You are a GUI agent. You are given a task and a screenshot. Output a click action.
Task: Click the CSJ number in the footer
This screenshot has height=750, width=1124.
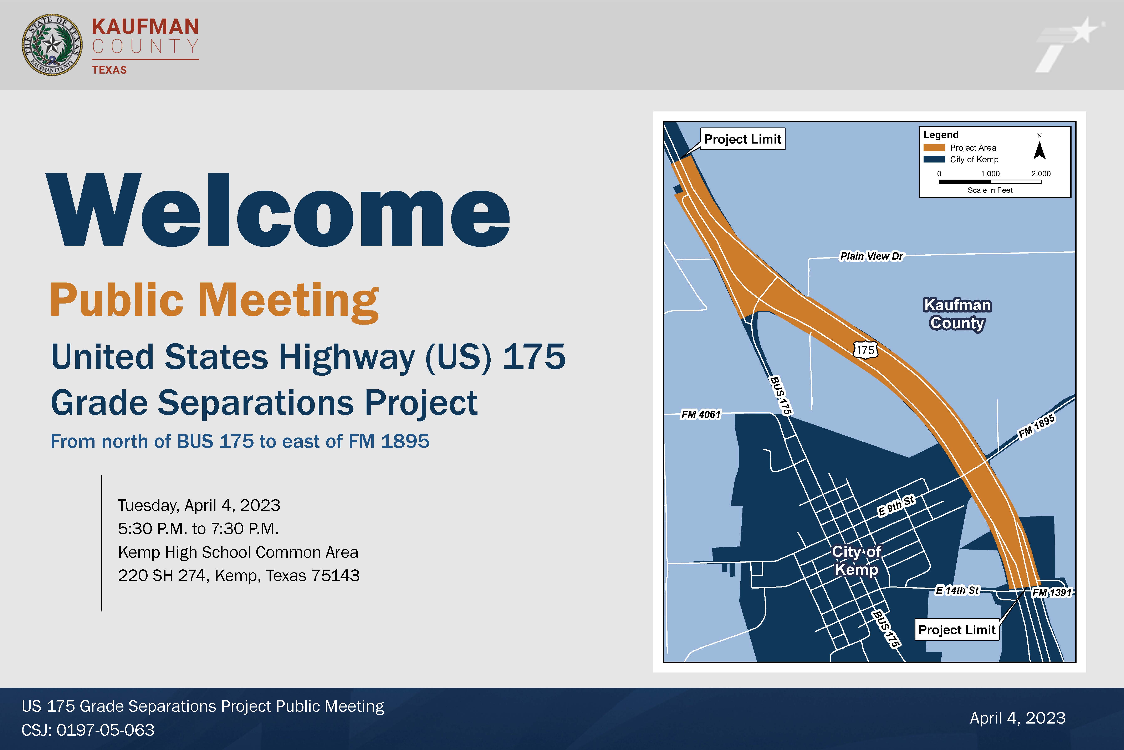[88, 730]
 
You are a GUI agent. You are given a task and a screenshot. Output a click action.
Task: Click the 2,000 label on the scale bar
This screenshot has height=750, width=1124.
[1041, 174]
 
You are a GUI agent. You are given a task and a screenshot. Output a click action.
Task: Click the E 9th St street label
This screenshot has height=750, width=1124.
[896, 506]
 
